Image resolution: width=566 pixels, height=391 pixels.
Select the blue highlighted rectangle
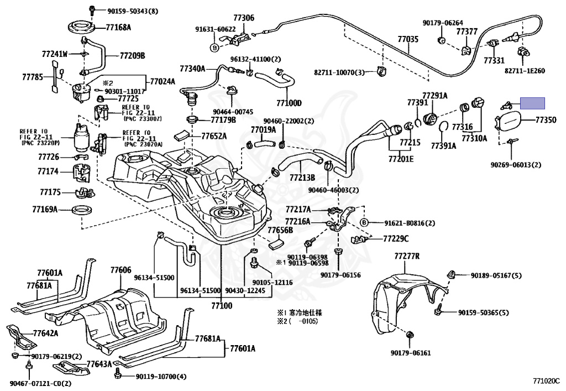click(534, 103)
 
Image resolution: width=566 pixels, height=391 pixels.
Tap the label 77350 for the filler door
click(546, 119)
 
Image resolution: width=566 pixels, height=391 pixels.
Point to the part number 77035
click(408, 40)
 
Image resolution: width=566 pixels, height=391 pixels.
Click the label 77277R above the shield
click(407, 257)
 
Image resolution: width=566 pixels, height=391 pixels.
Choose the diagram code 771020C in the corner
click(546, 380)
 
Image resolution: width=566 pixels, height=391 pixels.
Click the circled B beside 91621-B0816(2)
click(364, 223)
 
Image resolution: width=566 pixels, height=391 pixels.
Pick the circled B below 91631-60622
click(215, 48)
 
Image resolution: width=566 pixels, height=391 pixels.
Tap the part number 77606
click(120, 270)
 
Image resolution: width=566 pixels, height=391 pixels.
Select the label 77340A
click(192, 69)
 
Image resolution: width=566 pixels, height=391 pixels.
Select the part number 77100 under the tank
click(219, 305)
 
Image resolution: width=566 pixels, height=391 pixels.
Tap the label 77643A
click(99, 364)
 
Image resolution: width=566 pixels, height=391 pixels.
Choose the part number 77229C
click(396, 238)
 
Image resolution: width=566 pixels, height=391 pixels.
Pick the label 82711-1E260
click(525, 71)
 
